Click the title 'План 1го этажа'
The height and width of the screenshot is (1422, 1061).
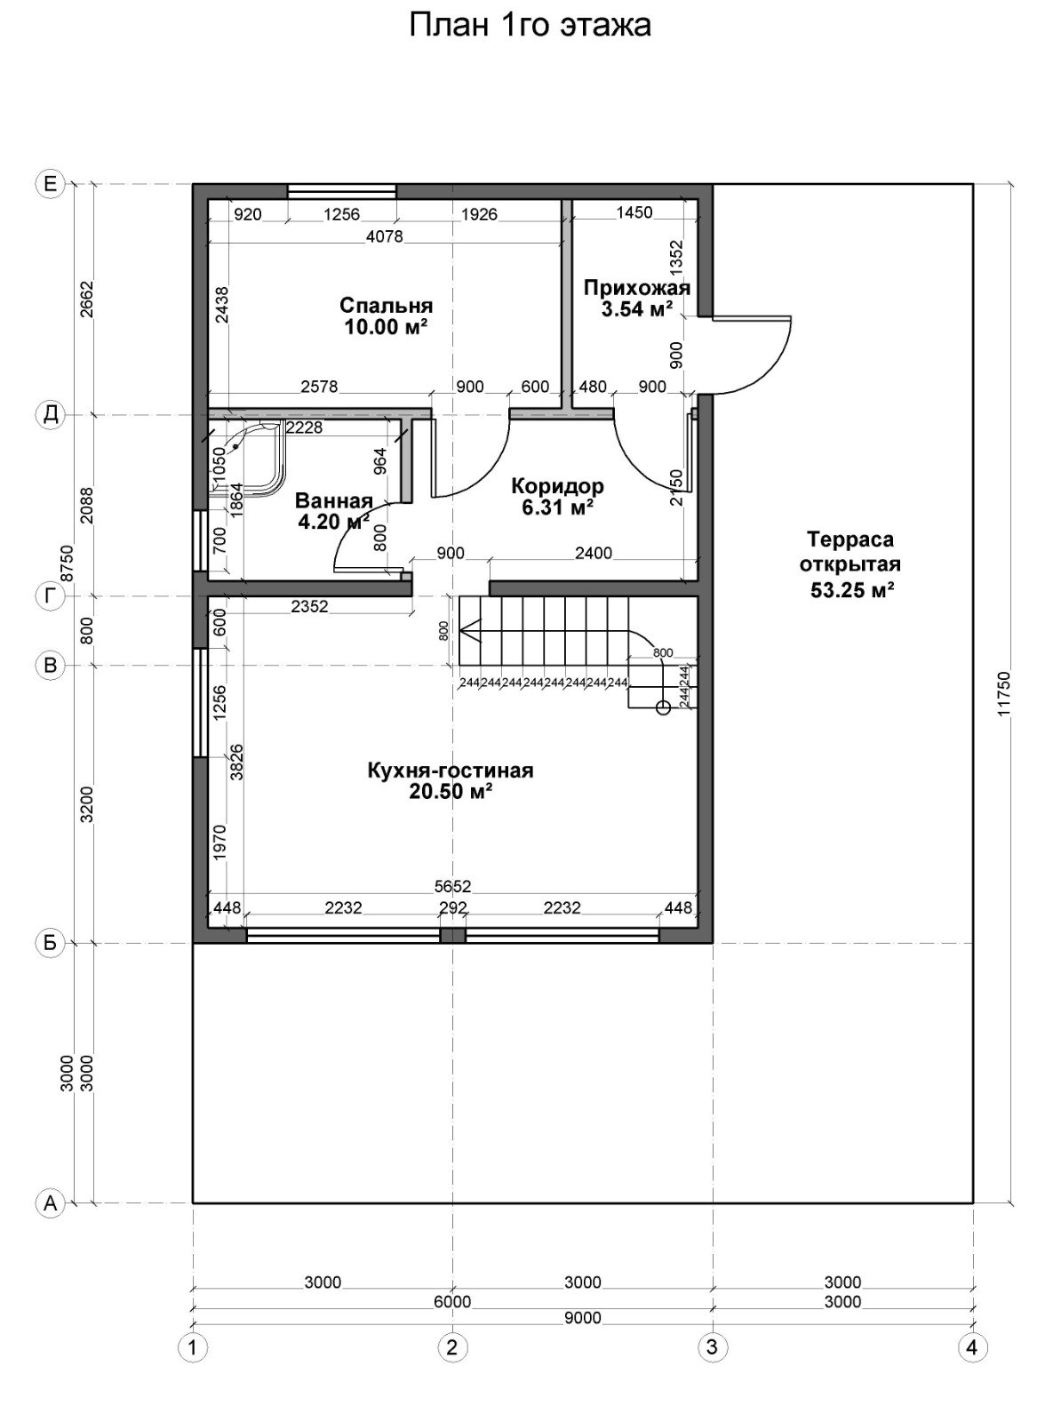tap(530, 26)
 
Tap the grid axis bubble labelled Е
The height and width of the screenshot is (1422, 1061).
tap(50, 184)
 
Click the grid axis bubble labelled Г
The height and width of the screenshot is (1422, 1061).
tap(50, 596)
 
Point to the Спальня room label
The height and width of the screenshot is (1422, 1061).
tap(386, 305)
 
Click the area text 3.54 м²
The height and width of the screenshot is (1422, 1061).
tap(637, 309)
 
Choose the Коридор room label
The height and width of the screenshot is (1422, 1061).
tap(558, 485)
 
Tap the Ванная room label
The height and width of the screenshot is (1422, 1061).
tap(333, 500)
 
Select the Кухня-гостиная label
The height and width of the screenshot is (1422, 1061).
tap(451, 771)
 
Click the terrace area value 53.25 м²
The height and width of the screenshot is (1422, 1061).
tap(852, 589)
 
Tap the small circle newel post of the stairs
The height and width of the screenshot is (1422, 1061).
tap(663, 707)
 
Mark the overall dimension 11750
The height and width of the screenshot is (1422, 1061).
tap(1003, 693)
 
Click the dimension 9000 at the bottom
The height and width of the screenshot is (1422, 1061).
tap(583, 1318)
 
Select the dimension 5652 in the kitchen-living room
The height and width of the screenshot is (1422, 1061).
tap(453, 885)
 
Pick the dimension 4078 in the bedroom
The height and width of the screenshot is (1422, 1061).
tap(385, 236)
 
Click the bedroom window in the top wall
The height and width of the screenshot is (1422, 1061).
tap(342, 190)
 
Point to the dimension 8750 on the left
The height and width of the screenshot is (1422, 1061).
tap(67, 563)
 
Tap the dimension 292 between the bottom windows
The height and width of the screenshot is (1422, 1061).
tap(453, 907)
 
